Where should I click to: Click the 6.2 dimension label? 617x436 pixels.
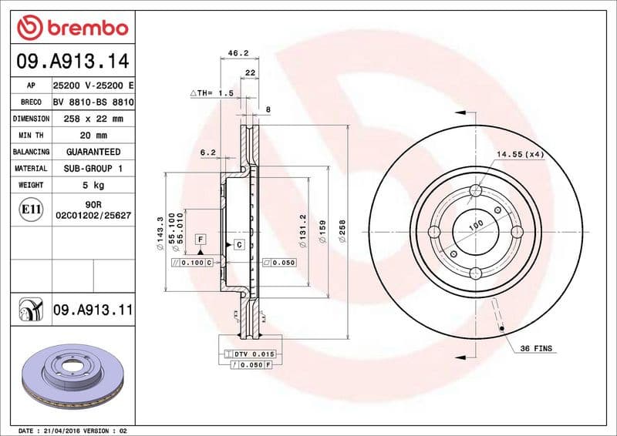point(207,153)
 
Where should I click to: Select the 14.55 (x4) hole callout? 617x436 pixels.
point(521,155)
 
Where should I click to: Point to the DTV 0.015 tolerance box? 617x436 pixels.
point(253,353)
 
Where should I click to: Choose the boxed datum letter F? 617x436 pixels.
point(200,240)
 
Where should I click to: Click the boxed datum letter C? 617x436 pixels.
point(239,245)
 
